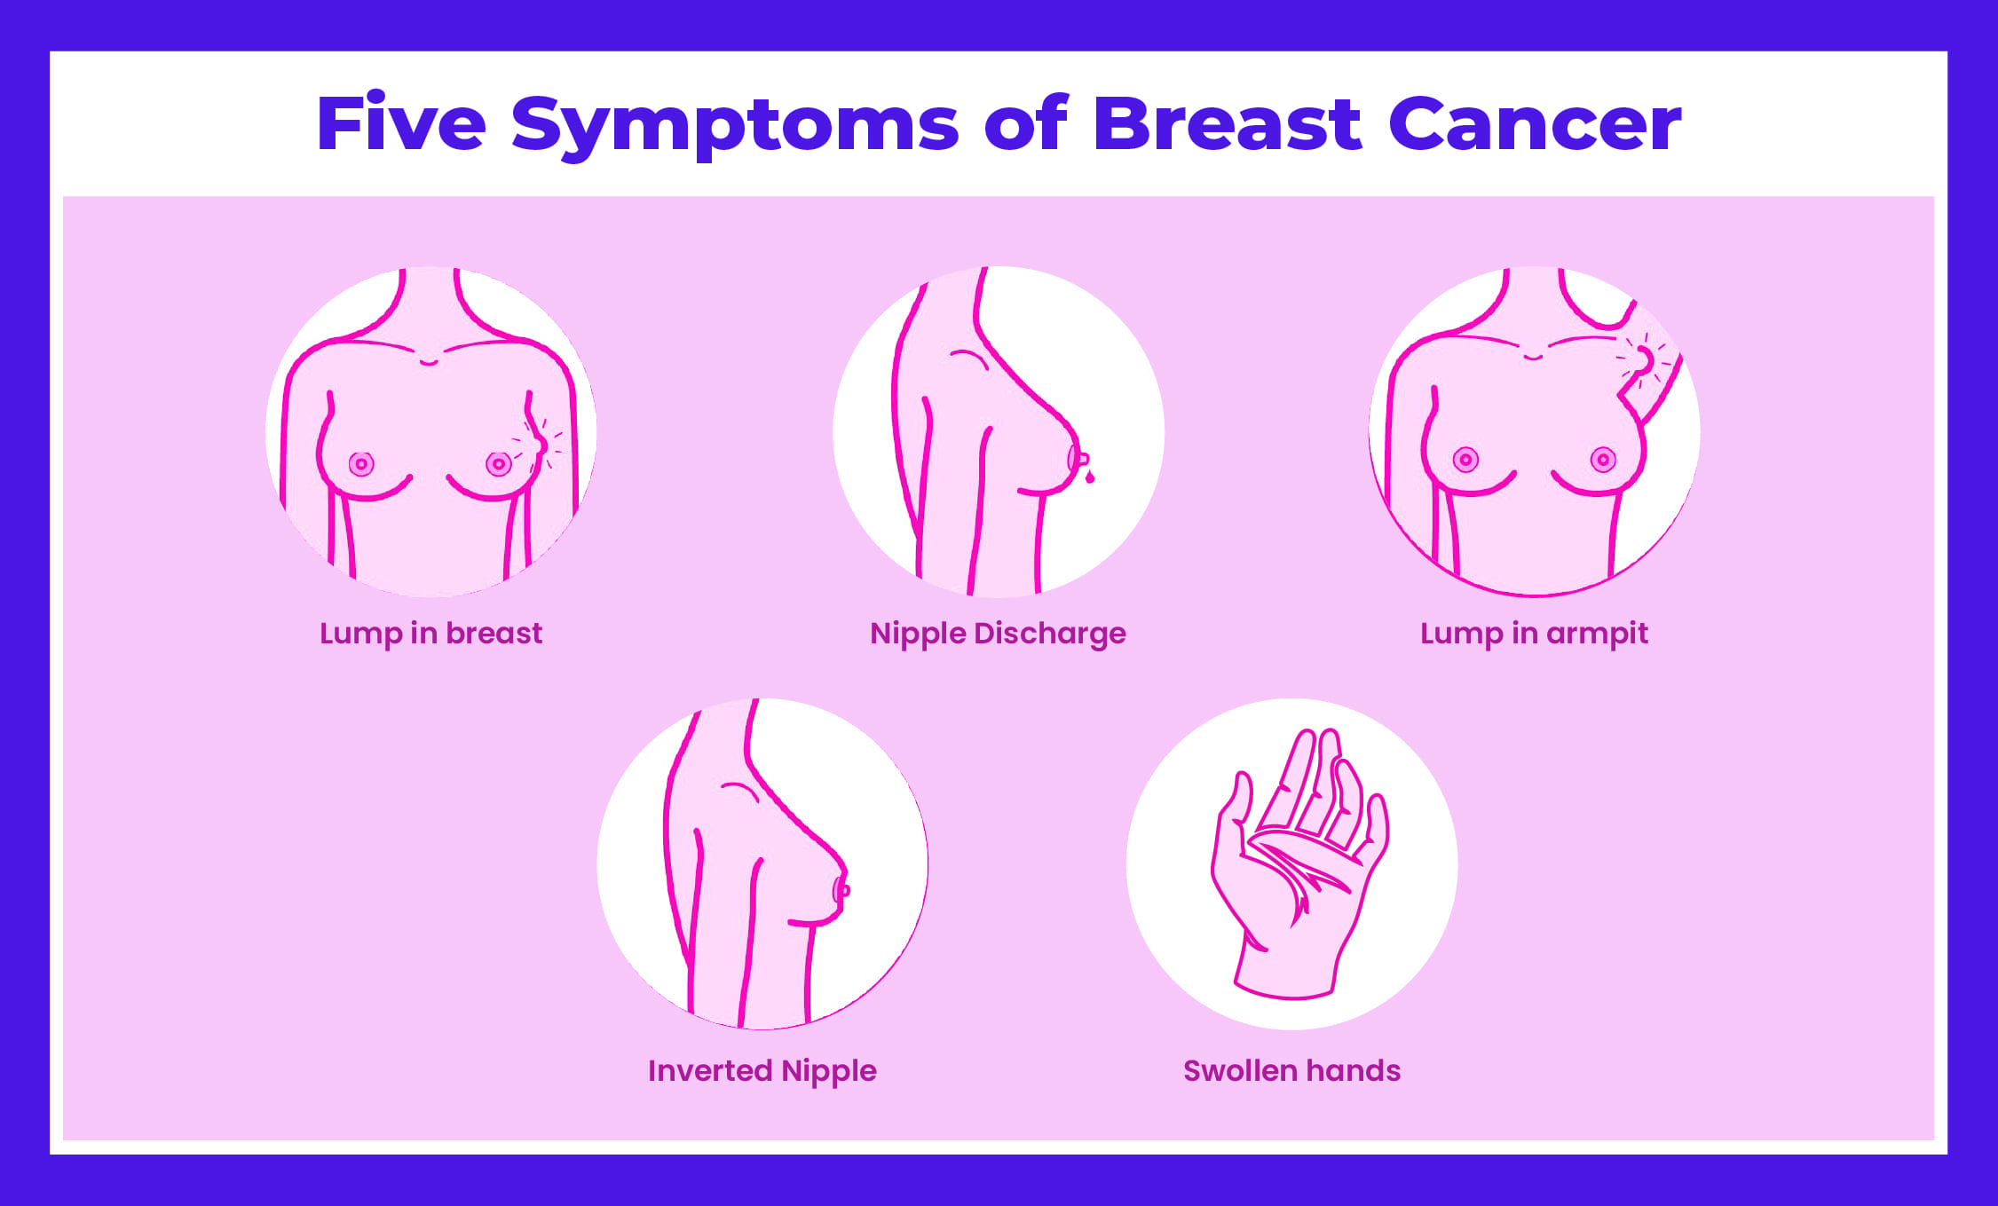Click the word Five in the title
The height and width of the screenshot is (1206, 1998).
coord(400,124)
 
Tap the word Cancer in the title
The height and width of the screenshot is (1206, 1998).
coord(1534,124)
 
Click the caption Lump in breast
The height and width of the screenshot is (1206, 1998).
coord(430,634)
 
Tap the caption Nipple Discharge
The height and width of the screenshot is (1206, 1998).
coord(998,634)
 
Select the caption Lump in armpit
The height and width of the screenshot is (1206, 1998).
coord(1534,634)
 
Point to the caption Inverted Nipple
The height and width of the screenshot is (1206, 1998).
coord(762,1071)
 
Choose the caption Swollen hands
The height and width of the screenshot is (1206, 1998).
coord(1291,1071)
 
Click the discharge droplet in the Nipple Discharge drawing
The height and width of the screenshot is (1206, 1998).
coord(1090,478)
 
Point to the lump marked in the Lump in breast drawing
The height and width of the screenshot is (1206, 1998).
coord(538,442)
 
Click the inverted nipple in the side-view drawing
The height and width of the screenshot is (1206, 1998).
coord(841,889)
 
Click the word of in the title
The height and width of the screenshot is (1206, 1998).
coord(1025,124)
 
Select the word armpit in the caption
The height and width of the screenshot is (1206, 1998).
coord(1597,634)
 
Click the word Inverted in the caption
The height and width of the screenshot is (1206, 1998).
coord(710,1071)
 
